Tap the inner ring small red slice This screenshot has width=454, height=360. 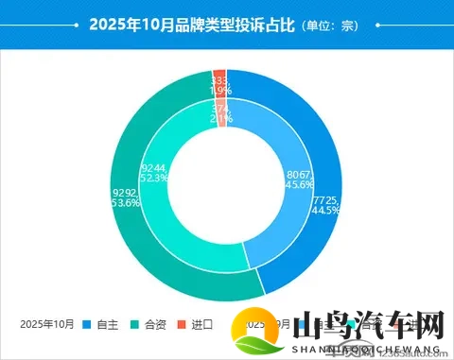pos(221,111)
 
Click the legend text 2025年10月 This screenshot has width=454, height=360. pos(46,324)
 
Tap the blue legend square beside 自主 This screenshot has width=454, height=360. pos(86,324)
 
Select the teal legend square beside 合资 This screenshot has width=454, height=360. pos(134,324)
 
